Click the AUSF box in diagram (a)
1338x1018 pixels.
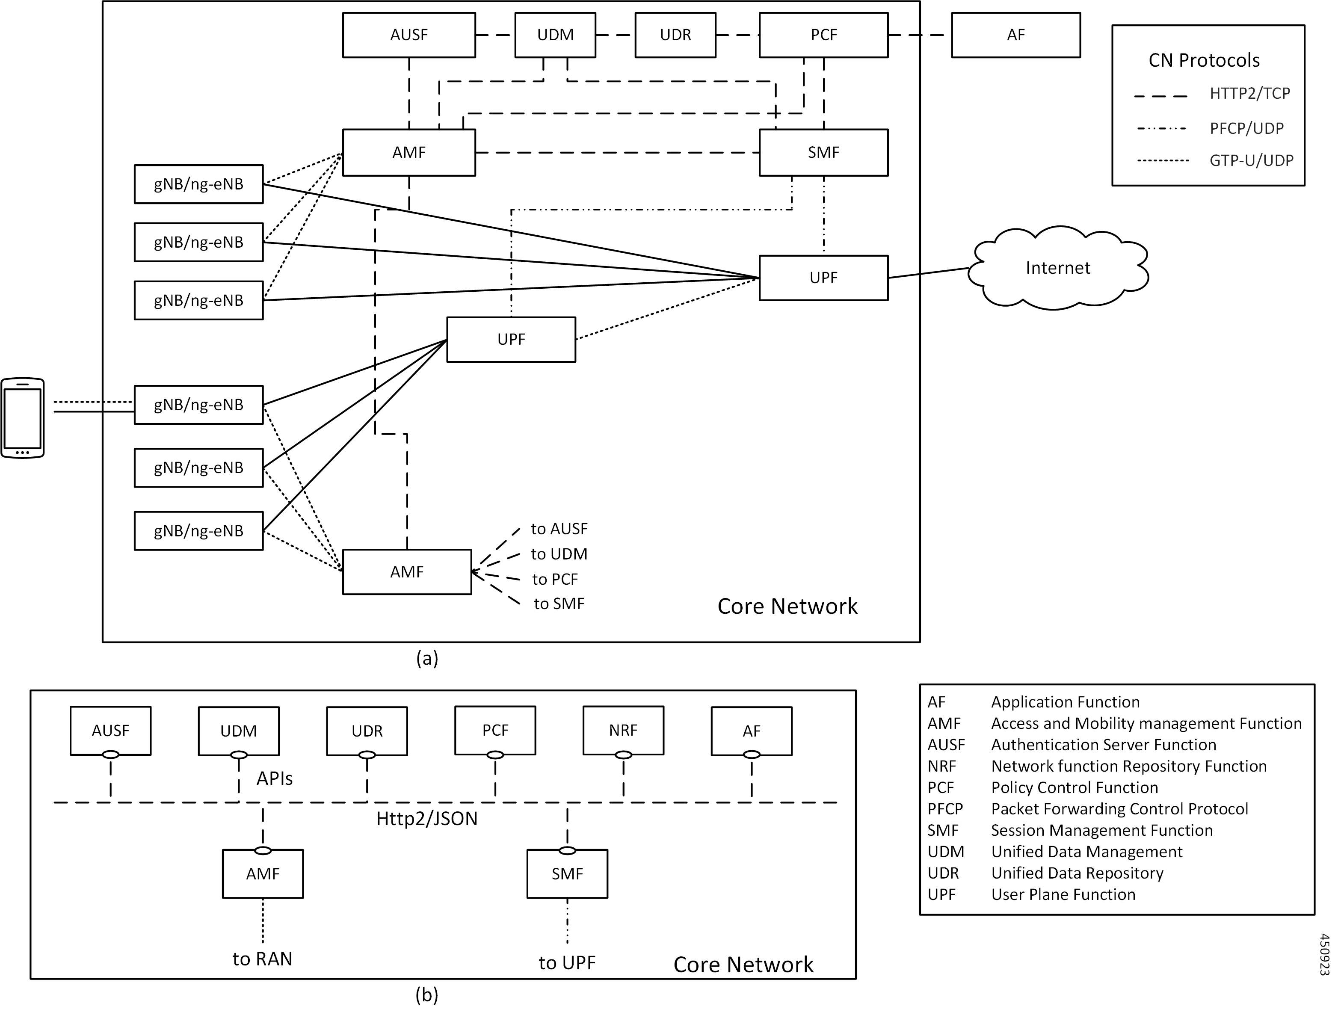pyautogui.click(x=409, y=35)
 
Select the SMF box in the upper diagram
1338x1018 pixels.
pyautogui.click(x=823, y=152)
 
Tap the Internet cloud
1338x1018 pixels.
pyautogui.click(x=1057, y=268)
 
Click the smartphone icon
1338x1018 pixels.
pyautogui.click(x=22, y=418)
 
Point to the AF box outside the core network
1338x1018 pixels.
pyautogui.click(x=1015, y=35)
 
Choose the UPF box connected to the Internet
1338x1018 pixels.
pyautogui.click(x=823, y=278)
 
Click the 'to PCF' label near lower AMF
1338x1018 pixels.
pyautogui.click(x=555, y=579)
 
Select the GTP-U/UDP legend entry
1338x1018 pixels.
pyautogui.click(x=1251, y=160)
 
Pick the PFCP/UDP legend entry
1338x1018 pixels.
pyautogui.click(x=1246, y=128)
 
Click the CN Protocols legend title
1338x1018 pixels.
pyautogui.click(x=1204, y=61)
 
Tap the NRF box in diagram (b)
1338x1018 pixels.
pyautogui.click(x=623, y=730)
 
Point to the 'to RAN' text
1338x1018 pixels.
pyautogui.click(x=262, y=959)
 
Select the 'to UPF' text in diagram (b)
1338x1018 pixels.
pyautogui.click(x=567, y=963)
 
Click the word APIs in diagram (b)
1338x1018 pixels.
pyautogui.click(x=275, y=778)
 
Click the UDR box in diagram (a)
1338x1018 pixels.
pyautogui.click(x=675, y=35)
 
